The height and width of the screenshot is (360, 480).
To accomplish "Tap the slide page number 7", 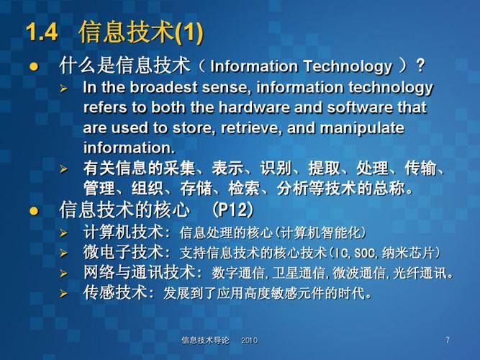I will click(448, 339).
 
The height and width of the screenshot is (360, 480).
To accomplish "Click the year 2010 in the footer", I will click(249, 340).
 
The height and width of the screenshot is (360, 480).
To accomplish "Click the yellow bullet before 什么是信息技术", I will click(32, 67).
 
